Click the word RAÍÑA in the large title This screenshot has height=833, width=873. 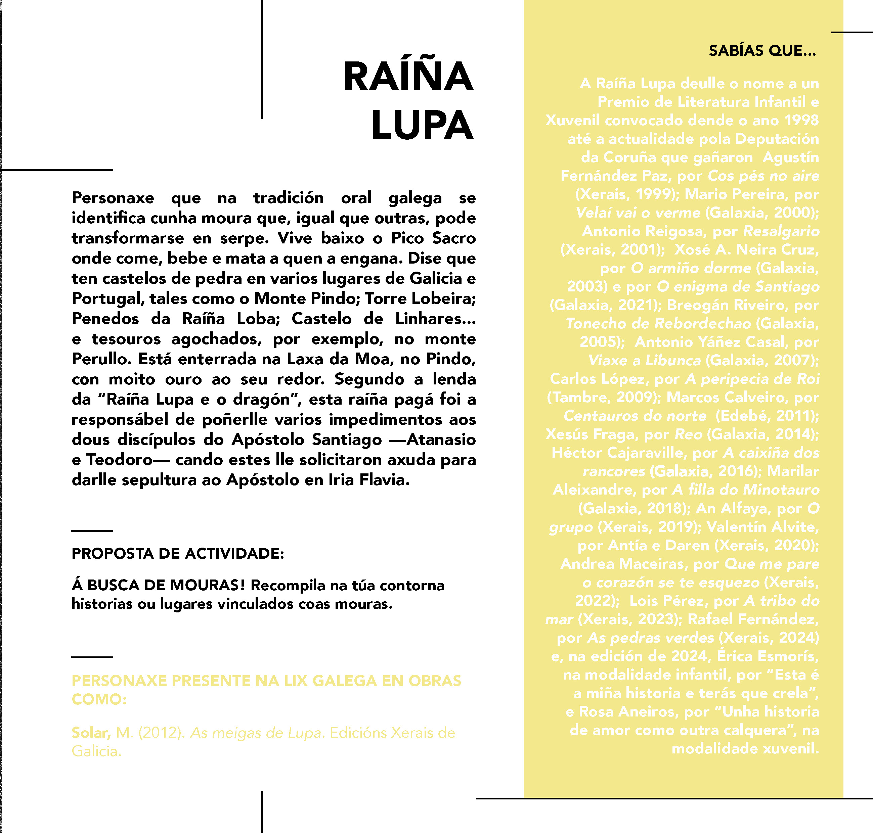[x=408, y=77]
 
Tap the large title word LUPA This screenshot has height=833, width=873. [x=422, y=126]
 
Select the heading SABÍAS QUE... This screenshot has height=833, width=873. [x=762, y=51]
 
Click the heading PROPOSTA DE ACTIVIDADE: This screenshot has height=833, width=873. [x=178, y=554]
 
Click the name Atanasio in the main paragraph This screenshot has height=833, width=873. [x=441, y=439]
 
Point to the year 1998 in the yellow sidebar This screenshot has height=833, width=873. [x=801, y=120]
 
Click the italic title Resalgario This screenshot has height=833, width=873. [x=781, y=231]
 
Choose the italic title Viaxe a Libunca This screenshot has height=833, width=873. [x=644, y=360]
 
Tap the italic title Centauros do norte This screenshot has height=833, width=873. [x=635, y=416]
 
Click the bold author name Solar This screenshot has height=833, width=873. [x=91, y=733]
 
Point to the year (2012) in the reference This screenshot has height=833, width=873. [x=162, y=733]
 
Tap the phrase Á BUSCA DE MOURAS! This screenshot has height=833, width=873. [x=158, y=585]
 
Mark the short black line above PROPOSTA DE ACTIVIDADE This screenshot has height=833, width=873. [x=92, y=530]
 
